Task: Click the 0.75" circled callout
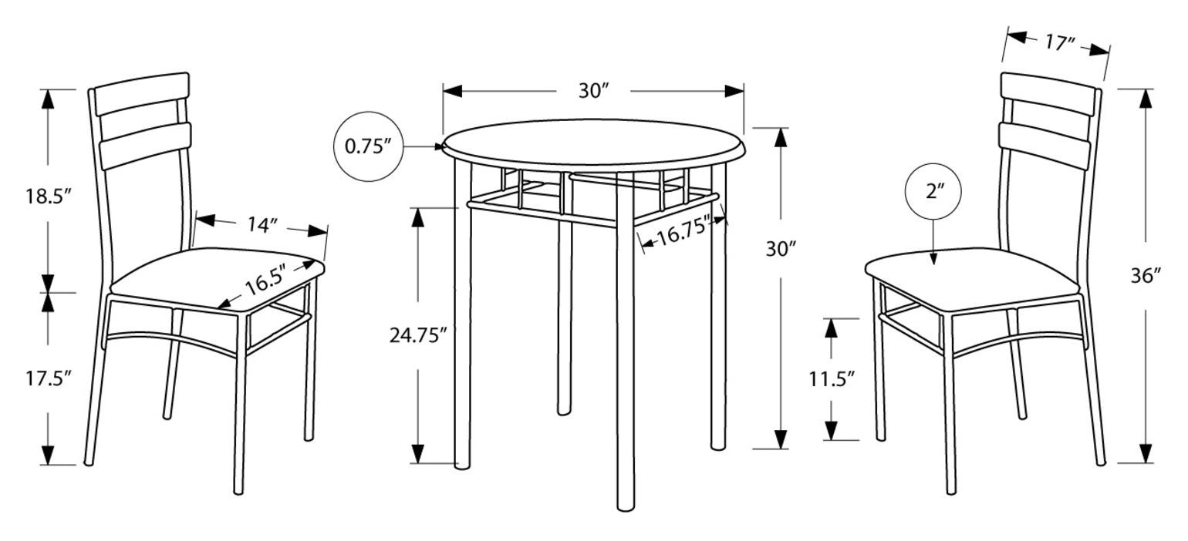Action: coord(368,146)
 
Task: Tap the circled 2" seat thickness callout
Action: coord(934,192)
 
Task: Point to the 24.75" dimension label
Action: coord(418,334)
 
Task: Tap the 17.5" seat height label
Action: coord(47,378)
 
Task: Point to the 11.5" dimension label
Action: coord(831,378)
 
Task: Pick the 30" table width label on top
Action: coord(594,90)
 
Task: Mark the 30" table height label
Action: coord(780,248)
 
